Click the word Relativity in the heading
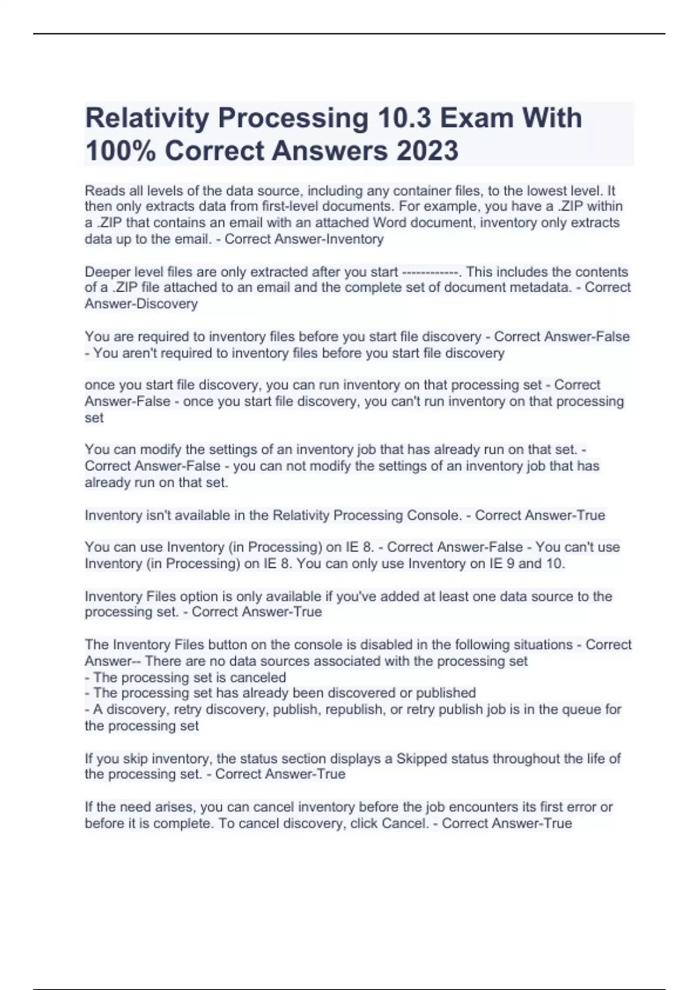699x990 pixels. coord(147,118)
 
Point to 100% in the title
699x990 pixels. coord(120,151)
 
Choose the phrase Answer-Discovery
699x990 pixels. coord(141,304)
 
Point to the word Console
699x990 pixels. coord(433,515)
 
